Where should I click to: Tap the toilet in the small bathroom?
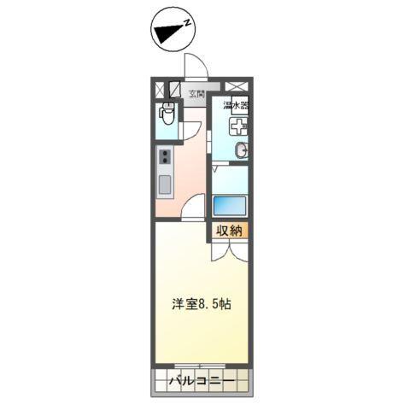click(x=168, y=112)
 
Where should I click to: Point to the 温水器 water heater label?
click(x=236, y=106)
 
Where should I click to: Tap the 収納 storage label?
click(x=229, y=229)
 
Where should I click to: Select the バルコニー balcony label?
click(x=202, y=379)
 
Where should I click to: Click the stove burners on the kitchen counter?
click(x=164, y=156)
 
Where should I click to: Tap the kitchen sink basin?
click(x=164, y=184)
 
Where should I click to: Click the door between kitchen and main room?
click(x=195, y=208)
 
